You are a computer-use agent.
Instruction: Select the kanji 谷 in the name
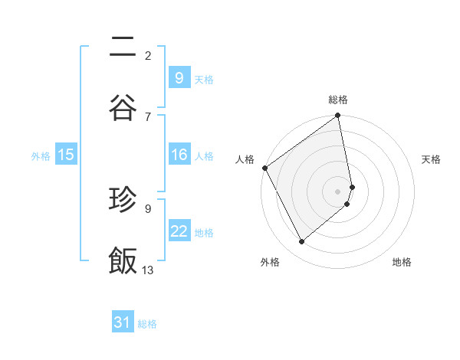point(123,107)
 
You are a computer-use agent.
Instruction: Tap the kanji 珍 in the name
point(123,199)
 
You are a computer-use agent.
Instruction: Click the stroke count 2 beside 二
point(148,55)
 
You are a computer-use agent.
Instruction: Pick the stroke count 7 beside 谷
point(148,116)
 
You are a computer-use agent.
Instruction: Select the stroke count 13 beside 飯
point(148,270)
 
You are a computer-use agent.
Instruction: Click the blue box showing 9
point(179,78)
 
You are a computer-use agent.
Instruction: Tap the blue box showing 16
point(179,155)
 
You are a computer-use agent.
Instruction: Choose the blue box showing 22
point(179,231)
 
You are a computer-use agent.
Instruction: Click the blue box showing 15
point(66,155)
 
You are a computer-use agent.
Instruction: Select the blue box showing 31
point(123,323)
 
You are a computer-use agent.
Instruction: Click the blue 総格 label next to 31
point(147,324)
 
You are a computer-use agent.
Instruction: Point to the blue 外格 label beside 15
point(41,155)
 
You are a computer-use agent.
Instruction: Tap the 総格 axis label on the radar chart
point(338,100)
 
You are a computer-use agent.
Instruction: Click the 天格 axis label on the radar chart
point(431,159)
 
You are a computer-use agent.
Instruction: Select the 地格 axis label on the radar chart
point(402,262)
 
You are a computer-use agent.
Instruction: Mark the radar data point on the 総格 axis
point(338,116)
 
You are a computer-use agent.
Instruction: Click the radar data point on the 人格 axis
point(264,168)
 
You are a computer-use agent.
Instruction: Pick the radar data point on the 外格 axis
point(301,242)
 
